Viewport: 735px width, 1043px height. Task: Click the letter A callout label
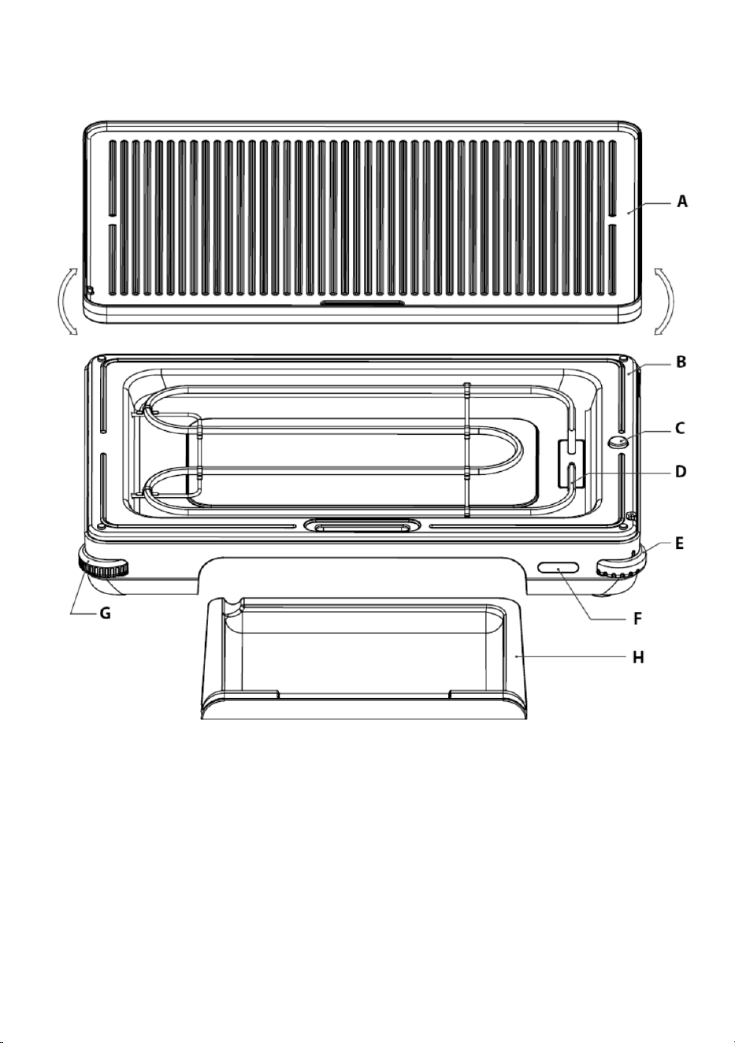[x=682, y=202]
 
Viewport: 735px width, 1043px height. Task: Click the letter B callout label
[x=681, y=362]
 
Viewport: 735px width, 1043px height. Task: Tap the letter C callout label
[x=681, y=428]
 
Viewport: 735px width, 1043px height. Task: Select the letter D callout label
[x=681, y=472]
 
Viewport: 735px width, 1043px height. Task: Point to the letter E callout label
[x=680, y=543]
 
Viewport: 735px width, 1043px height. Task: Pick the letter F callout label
[x=638, y=618]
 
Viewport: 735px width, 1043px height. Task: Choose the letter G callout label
[x=106, y=614]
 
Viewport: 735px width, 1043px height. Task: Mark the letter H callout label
[x=638, y=657]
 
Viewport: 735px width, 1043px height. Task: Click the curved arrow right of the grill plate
[x=665, y=301]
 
